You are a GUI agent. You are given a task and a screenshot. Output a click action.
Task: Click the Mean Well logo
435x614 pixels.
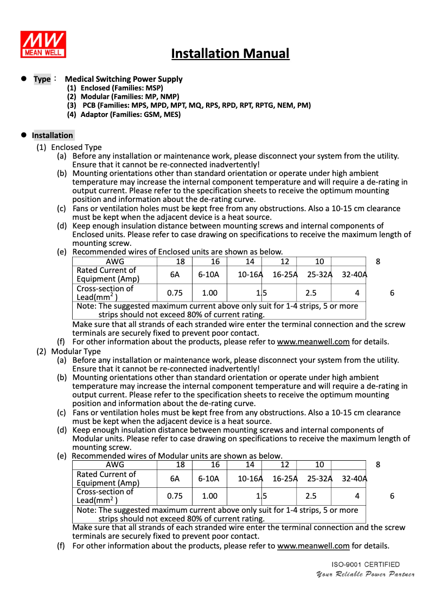click(x=43, y=44)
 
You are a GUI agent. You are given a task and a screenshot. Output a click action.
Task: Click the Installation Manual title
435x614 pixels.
click(x=230, y=54)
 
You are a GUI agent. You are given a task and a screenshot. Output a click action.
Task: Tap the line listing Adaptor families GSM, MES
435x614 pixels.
click(x=124, y=114)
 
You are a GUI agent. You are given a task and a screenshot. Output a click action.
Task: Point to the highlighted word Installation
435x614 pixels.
click(x=52, y=135)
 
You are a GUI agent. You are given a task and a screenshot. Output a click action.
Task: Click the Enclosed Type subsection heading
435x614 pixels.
click(x=76, y=147)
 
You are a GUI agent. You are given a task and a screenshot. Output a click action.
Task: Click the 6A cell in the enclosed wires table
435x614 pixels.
click(x=175, y=275)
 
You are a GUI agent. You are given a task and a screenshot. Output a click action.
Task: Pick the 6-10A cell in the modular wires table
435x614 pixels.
click(x=209, y=478)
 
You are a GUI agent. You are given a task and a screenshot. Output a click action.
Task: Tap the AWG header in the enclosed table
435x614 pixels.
click(x=114, y=261)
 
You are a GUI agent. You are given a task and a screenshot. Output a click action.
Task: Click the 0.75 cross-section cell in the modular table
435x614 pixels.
click(x=175, y=496)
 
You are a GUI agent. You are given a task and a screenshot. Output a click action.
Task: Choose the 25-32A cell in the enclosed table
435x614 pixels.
click(x=319, y=275)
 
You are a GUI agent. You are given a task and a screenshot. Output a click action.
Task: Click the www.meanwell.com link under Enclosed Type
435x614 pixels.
click(x=313, y=342)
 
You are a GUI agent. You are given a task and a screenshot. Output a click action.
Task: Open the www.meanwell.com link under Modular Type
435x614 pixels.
click(x=313, y=546)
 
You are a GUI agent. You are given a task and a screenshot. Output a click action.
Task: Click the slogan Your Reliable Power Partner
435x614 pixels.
click(x=365, y=574)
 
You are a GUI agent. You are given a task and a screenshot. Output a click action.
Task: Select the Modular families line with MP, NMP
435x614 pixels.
click(x=123, y=96)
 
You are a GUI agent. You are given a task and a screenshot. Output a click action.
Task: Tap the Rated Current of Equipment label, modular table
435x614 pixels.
click(x=108, y=479)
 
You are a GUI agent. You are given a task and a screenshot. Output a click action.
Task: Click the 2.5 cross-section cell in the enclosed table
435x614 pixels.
click(x=311, y=293)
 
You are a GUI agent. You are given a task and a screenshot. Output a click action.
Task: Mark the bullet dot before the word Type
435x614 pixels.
click(x=24, y=79)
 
